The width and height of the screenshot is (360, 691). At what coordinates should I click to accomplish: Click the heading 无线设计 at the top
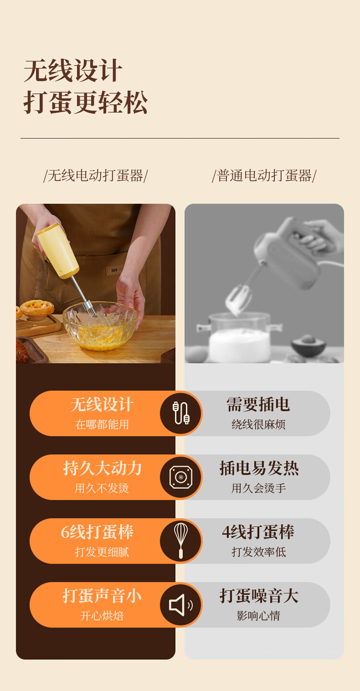tap(73, 71)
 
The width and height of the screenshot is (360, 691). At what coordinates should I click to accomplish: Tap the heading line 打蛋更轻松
tap(85, 102)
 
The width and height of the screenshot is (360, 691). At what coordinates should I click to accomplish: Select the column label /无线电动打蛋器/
tap(96, 176)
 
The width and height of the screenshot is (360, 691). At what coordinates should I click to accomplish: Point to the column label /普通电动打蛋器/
tap(264, 176)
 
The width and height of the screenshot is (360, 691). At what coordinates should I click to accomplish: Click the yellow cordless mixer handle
tap(58, 250)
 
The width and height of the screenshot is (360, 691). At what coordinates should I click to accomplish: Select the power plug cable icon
tap(181, 413)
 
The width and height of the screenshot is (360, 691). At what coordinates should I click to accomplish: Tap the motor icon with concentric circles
tap(181, 477)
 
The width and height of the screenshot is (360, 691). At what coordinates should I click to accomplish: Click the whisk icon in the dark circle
tap(181, 541)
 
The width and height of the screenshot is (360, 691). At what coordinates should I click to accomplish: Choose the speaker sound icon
tap(181, 605)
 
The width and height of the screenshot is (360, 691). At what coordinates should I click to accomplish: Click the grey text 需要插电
tap(258, 404)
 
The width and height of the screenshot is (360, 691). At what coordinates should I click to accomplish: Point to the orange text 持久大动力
tap(102, 468)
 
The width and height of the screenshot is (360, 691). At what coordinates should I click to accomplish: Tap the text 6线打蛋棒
tap(97, 532)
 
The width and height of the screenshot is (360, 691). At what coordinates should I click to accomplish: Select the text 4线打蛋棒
tap(258, 532)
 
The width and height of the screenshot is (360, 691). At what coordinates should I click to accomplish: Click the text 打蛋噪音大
tap(259, 595)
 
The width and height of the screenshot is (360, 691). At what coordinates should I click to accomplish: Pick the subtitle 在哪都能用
tap(102, 424)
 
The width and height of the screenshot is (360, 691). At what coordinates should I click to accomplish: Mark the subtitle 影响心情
tap(258, 616)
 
